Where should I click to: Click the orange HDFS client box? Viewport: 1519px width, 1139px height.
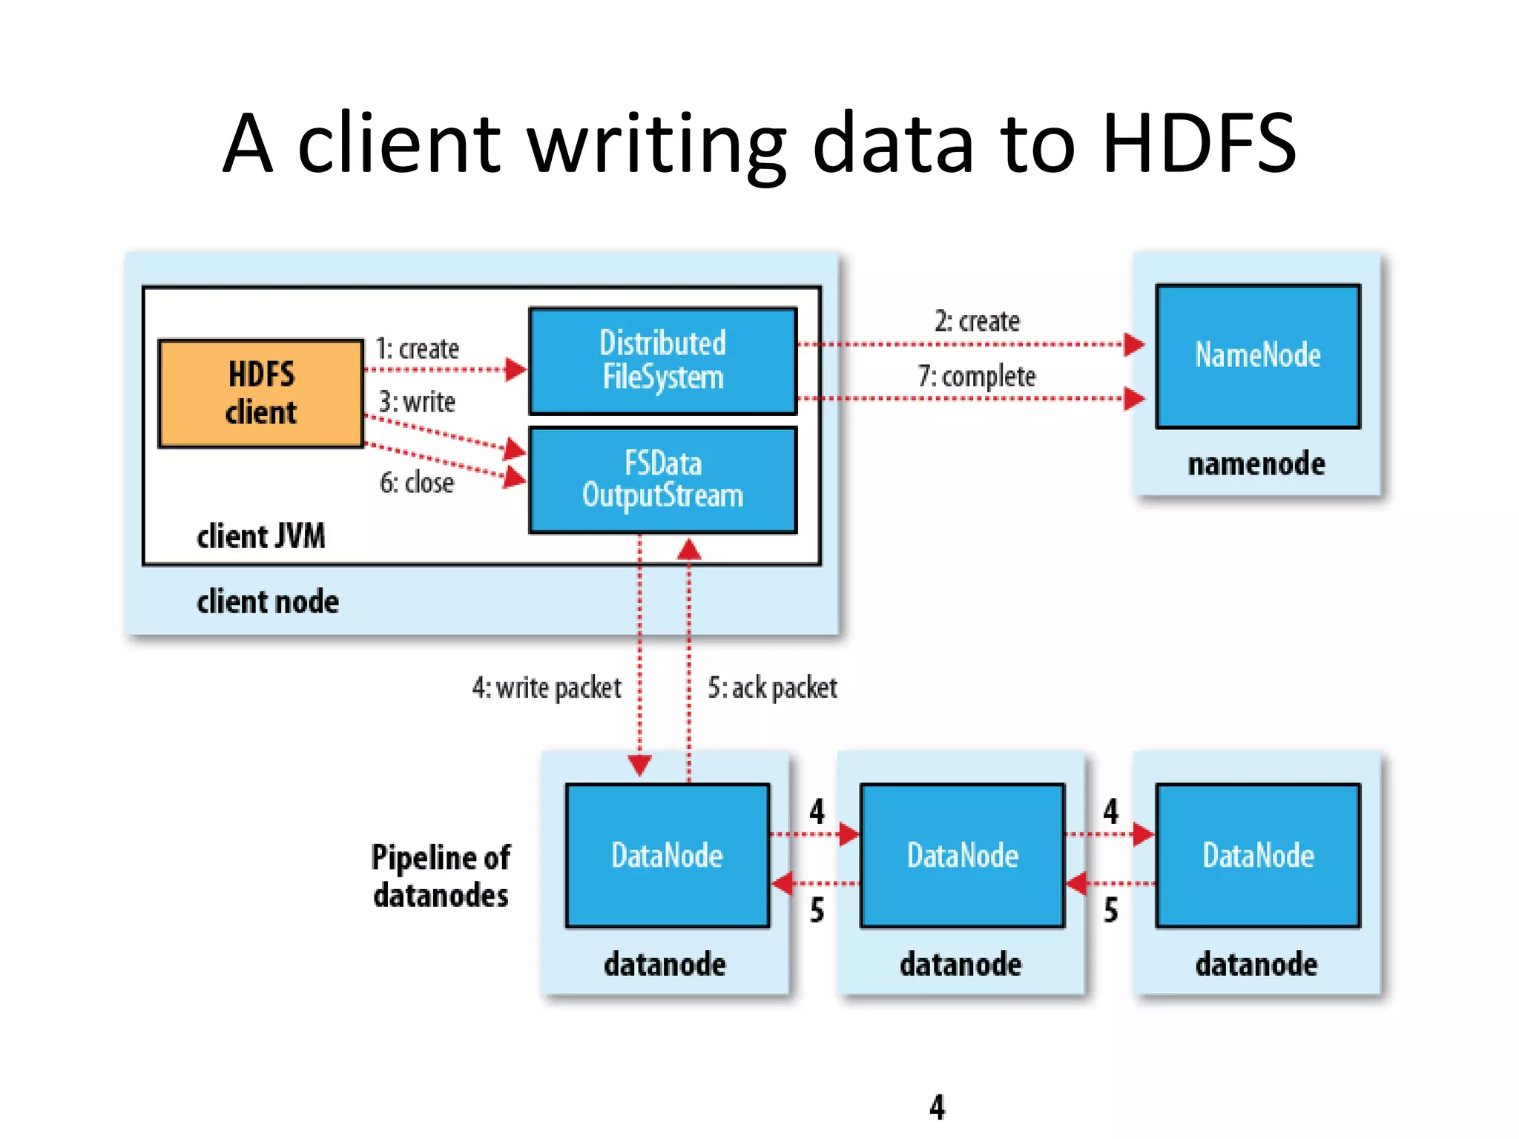tap(260, 393)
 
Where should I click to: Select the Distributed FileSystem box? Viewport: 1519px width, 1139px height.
tap(662, 360)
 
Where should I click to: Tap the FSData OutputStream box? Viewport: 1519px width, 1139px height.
tap(662, 480)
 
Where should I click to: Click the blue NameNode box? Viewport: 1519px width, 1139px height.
tap(1257, 356)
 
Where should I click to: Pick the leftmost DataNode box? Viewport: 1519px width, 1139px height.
tap(667, 855)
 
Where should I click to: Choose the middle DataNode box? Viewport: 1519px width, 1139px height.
tap(962, 855)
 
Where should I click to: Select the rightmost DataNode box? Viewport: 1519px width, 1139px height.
tap(1257, 855)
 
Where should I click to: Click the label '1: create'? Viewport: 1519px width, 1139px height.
tap(417, 349)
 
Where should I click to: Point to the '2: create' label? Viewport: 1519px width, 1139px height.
tap(976, 321)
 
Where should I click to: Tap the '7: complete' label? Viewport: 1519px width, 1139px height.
tap(976, 376)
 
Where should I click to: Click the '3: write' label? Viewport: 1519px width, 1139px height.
tap(417, 402)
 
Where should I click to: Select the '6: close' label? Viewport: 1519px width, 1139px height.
tap(417, 483)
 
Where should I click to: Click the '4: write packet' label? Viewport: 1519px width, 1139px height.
tap(547, 688)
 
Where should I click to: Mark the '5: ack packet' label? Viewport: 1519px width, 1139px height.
tap(772, 688)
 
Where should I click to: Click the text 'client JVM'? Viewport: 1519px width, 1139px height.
tap(260, 536)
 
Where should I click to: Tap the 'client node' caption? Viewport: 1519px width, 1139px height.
tap(267, 601)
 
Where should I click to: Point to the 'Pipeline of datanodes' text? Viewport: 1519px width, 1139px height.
tap(441, 876)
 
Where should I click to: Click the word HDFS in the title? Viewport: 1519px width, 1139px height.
tap(1199, 143)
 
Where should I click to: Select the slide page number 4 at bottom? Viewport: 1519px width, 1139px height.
tap(937, 1107)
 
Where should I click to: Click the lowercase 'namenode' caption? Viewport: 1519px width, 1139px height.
tap(1256, 464)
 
